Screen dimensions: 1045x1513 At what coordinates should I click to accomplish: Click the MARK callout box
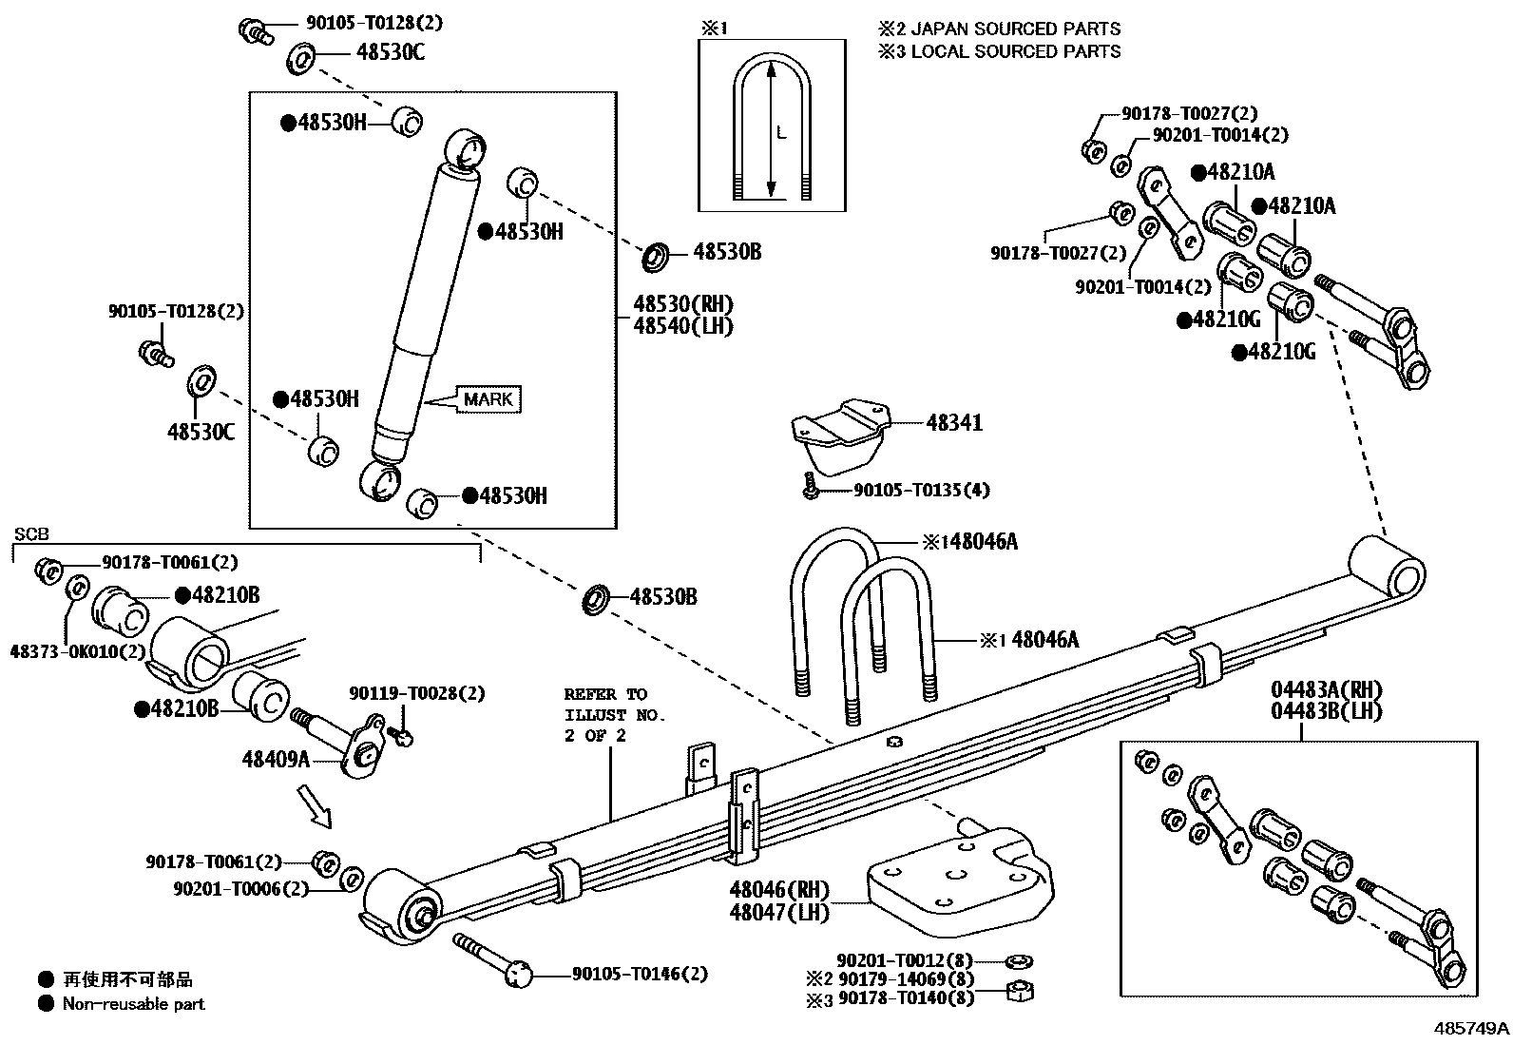(x=488, y=399)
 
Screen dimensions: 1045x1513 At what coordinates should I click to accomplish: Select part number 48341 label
(x=953, y=423)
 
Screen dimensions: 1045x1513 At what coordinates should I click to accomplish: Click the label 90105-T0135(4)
(x=921, y=491)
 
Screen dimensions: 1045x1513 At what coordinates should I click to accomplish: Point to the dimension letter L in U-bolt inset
(x=781, y=134)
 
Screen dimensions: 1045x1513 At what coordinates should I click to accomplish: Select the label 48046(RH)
(x=778, y=890)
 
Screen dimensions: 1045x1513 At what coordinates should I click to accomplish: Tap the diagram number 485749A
(x=1471, y=1028)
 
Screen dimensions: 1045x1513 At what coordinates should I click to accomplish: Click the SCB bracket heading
(x=30, y=534)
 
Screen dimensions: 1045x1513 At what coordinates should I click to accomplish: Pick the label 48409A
(x=276, y=759)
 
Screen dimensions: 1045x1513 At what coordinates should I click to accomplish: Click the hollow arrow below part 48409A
(x=316, y=804)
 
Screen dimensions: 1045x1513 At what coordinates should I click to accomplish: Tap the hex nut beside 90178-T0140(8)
(x=1020, y=992)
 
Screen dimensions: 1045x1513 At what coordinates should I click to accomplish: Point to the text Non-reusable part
(x=133, y=1003)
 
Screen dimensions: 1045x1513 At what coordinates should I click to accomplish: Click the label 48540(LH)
(x=683, y=326)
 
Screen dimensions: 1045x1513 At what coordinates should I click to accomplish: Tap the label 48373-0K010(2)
(x=78, y=651)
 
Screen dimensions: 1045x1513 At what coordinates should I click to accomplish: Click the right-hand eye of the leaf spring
(x=1388, y=567)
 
